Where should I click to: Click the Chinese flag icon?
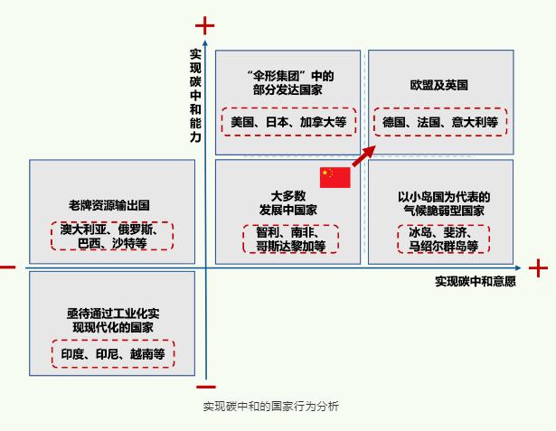coord(335,177)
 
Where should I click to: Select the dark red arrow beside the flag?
coord(363,155)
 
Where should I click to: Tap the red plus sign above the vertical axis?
coord(205,24)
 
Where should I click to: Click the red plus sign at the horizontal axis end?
coord(538,268)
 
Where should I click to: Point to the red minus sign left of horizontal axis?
coord(7,267)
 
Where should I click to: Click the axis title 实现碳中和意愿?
coord(475,281)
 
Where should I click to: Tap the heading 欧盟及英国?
coord(438,85)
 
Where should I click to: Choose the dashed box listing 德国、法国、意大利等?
coord(440,121)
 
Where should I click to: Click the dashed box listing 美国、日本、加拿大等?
coord(288,121)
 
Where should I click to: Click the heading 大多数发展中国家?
coord(288,202)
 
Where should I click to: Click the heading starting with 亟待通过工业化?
coord(112,318)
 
